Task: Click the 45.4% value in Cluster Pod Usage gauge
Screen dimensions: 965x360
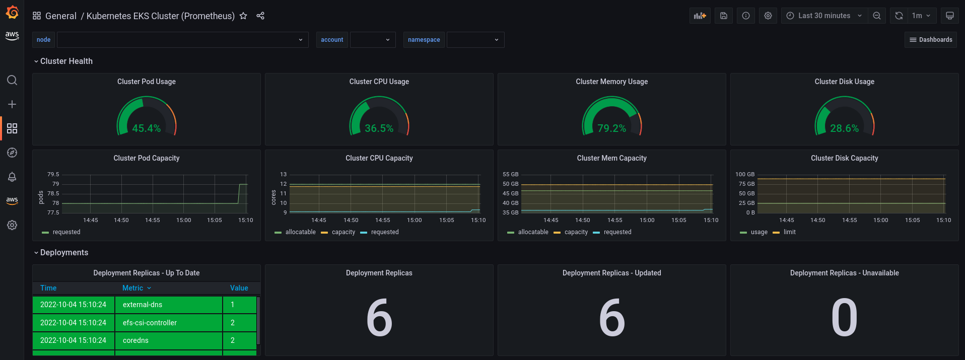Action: [x=147, y=128]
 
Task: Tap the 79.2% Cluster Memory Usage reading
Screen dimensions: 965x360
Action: [x=612, y=128]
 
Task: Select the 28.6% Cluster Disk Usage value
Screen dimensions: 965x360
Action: [x=845, y=128]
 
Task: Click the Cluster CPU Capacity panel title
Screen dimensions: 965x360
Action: [x=379, y=158]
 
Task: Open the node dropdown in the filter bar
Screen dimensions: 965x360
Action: [x=183, y=40]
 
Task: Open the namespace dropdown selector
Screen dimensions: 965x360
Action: [x=475, y=40]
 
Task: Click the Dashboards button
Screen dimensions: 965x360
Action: [x=931, y=40]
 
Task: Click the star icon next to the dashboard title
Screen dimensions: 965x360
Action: [x=243, y=16]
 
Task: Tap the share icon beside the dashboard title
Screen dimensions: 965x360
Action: [x=260, y=16]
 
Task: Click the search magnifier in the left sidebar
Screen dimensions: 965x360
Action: [x=12, y=80]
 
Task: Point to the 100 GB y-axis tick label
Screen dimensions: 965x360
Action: [x=745, y=174]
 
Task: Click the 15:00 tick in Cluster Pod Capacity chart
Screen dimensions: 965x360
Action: [x=184, y=220]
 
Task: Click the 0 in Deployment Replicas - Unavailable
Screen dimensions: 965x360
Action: [x=845, y=317]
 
